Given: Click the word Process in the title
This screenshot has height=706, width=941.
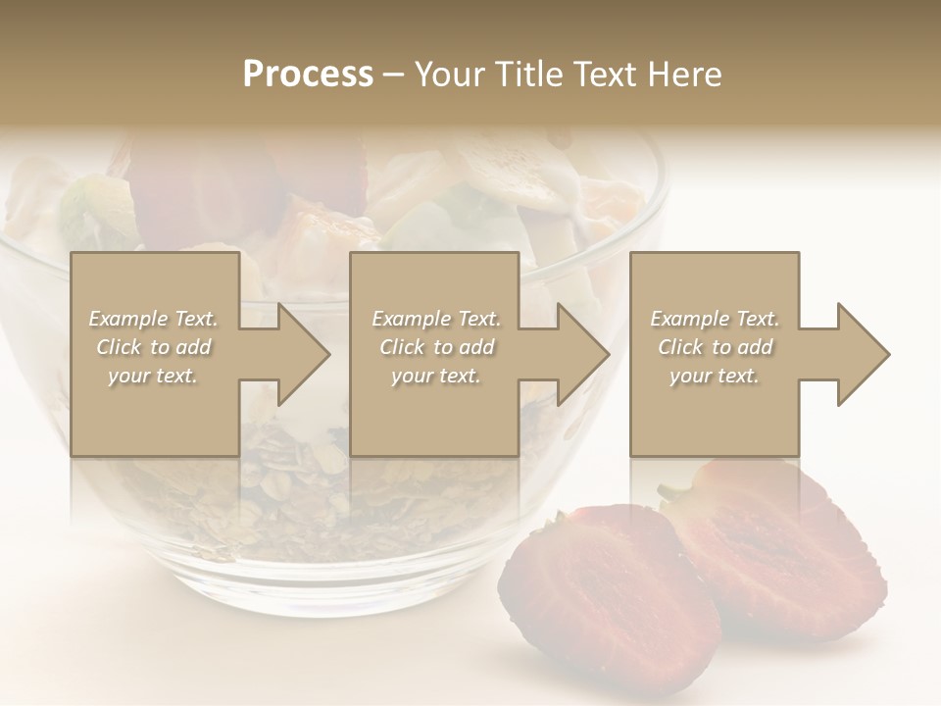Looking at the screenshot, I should click(308, 75).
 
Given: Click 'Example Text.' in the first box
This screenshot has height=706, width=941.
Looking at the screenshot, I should click(153, 319).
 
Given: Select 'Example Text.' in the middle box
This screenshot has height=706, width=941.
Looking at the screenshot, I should click(435, 319).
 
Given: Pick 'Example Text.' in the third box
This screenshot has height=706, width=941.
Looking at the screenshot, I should click(715, 319).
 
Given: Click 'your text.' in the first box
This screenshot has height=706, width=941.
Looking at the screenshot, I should click(153, 376).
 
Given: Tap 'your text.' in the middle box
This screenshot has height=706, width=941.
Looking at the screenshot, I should click(435, 376).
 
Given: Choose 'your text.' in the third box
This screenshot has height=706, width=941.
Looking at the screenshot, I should click(715, 376).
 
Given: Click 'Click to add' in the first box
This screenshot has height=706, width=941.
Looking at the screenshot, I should click(153, 347).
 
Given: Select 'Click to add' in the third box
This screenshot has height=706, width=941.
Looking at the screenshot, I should click(715, 347).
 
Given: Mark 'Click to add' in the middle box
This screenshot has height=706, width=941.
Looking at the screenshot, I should click(435, 347).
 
